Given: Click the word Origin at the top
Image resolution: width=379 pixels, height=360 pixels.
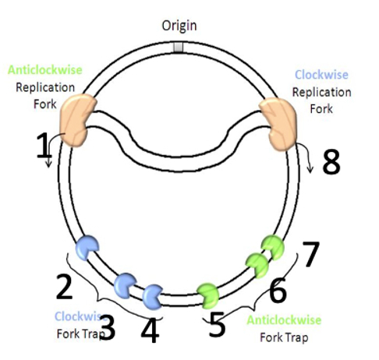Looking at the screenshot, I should pyautogui.click(x=179, y=26).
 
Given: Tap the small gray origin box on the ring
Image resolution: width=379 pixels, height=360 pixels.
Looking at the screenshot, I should pyautogui.click(x=179, y=48).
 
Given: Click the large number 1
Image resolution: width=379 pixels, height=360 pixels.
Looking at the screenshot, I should pyautogui.click(x=44, y=145).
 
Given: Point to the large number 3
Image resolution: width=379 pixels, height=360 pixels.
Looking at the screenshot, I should pyautogui.click(x=107, y=328).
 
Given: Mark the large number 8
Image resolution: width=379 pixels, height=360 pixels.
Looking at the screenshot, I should pyautogui.click(x=331, y=161).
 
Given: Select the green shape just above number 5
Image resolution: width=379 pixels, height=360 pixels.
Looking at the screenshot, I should pyautogui.click(x=210, y=293).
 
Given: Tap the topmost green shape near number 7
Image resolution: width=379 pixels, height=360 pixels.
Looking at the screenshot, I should pyautogui.click(x=273, y=245).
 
